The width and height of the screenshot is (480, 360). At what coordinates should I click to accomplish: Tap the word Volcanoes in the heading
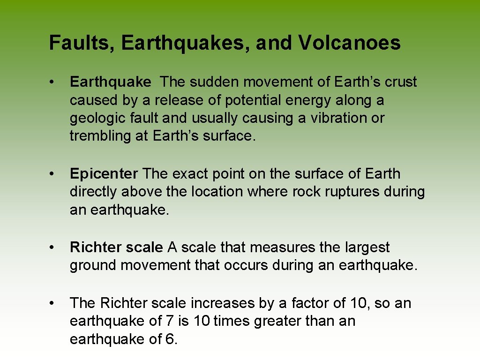[349, 43]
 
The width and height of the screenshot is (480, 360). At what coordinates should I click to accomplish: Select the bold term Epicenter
[104, 174]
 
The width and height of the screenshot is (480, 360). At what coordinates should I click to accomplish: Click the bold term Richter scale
[116, 247]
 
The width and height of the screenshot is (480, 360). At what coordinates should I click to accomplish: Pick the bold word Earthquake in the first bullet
[111, 82]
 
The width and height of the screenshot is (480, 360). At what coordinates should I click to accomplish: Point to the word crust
[401, 82]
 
